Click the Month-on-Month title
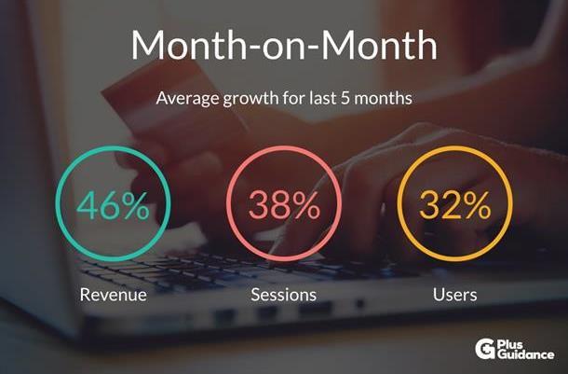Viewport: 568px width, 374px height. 284,45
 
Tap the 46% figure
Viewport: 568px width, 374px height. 113,206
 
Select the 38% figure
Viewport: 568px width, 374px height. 284,206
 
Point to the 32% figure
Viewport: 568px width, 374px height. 455,206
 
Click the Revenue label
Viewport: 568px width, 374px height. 114,295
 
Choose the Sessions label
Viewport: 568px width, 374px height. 284,295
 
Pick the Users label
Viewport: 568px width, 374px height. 455,295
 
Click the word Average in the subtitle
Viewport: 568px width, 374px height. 187,99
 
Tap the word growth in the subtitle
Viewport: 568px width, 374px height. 251,99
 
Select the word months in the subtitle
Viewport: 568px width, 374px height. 384,98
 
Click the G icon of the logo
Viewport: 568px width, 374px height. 485,349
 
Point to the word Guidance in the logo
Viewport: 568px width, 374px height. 525,354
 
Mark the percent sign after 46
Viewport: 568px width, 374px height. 135,206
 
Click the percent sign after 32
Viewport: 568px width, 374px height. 477,206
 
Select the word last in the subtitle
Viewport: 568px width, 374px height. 322,98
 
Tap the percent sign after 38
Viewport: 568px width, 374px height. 306,206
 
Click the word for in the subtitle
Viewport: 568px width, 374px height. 294,98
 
